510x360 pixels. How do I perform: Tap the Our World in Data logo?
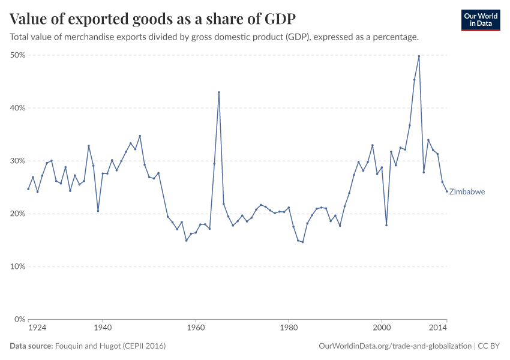click(481, 20)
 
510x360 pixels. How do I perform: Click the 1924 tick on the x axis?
click(37, 328)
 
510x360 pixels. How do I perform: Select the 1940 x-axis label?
click(103, 328)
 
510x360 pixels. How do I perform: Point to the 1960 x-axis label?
click(196, 328)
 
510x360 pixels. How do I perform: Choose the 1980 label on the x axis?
click(289, 328)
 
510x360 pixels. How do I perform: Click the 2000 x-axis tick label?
click(382, 328)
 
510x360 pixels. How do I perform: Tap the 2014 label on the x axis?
click(439, 328)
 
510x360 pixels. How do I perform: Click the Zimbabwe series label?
click(467, 192)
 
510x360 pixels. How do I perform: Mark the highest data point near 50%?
click(419, 56)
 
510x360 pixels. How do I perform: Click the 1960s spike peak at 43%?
click(219, 92)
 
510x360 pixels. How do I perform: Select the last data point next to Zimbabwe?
click(447, 191)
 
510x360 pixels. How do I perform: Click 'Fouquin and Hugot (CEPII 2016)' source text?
click(110, 346)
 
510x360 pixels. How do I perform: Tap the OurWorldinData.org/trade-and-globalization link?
click(395, 346)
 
